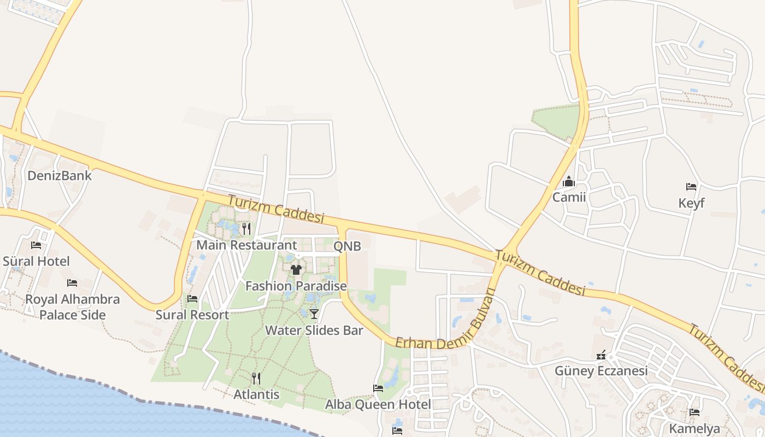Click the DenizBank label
click(x=60, y=175)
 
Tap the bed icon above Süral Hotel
click(x=36, y=245)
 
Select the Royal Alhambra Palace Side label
click(x=73, y=307)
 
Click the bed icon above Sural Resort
click(x=192, y=299)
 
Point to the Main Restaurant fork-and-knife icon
click(x=246, y=228)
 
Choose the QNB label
click(x=347, y=246)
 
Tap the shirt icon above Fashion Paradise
click(x=296, y=269)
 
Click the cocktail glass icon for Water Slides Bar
click(x=314, y=314)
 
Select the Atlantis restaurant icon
click(x=256, y=378)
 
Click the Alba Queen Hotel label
click(x=378, y=405)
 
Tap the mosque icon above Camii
click(x=569, y=181)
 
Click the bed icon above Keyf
click(x=691, y=187)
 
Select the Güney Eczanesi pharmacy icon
click(x=602, y=355)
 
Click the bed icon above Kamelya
click(x=695, y=412)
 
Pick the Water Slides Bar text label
click(x=314, y=330)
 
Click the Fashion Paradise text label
click(x=296, y=286)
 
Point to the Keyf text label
click(x=691, y=203)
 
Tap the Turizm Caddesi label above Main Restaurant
click(x=276, y=209)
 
